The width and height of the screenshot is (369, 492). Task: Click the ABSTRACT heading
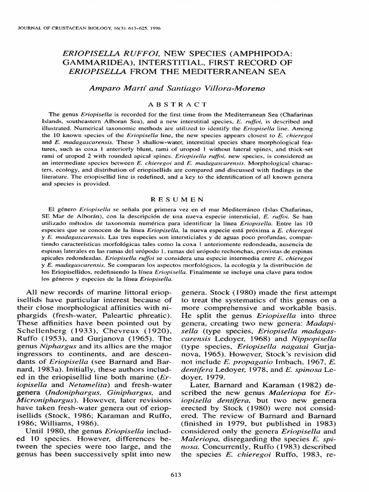pyautogui.click(x=184, y=104)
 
